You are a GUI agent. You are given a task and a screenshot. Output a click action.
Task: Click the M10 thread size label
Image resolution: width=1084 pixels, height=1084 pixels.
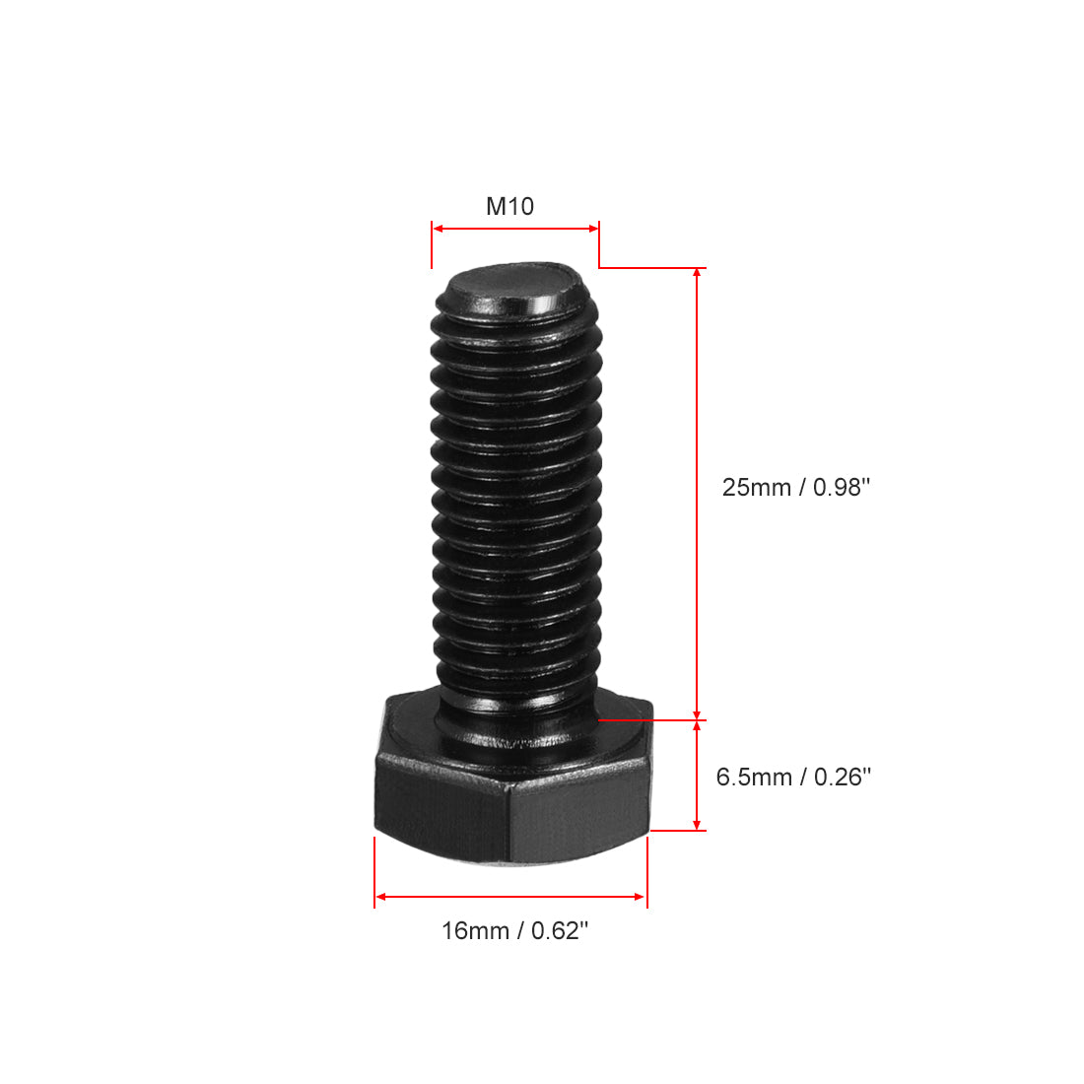509,206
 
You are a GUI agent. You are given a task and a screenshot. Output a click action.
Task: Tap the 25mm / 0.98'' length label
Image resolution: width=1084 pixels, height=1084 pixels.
796,487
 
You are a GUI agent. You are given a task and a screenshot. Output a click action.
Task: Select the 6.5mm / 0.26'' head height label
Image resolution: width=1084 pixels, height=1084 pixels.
793,777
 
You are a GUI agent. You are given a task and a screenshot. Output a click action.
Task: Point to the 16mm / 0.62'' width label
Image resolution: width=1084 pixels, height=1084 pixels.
514,930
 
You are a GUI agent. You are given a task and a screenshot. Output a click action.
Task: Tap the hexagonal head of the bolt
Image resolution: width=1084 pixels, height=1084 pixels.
512,788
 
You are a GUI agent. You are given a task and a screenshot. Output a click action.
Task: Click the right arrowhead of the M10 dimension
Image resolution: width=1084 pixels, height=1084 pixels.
593,229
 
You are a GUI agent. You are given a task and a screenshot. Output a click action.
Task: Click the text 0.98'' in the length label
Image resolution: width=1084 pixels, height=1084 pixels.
842,487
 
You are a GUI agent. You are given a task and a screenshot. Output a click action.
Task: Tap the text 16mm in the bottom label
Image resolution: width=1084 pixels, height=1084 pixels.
475,930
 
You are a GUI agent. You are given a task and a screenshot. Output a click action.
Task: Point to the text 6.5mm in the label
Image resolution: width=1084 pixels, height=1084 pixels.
754,777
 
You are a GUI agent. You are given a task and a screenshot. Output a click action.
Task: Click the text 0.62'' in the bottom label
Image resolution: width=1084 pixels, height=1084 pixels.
560,930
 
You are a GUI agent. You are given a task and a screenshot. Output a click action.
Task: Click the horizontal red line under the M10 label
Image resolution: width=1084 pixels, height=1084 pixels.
515,229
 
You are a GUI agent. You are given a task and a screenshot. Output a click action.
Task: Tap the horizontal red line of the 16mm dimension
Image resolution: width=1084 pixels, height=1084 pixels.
510,897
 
